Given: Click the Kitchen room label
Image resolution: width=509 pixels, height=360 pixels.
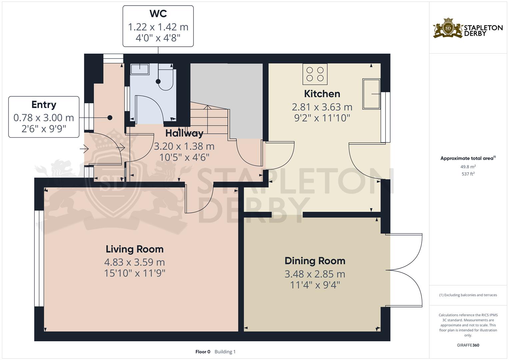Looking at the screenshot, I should coord(322,94).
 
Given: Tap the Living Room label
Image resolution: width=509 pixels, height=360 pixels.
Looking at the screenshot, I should coord(135,249).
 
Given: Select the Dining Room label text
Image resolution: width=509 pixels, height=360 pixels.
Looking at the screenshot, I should coord(315,261).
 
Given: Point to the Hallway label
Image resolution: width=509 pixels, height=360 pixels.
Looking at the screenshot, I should coord(184,133).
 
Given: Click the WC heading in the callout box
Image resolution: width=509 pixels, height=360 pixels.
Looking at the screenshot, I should coord(158,14).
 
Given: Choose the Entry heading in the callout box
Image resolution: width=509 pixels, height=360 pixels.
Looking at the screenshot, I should coord(44,105).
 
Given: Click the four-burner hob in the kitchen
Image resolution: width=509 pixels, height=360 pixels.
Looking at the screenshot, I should coord(315,74).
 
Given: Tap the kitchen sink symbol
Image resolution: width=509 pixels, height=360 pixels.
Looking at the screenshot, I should coord(371,94).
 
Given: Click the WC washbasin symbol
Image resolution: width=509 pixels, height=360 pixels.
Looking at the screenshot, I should coord(140,69).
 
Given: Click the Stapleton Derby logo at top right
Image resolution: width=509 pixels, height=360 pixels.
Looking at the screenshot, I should coord(468,28).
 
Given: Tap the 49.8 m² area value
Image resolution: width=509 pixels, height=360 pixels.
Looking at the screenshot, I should coord(468,167).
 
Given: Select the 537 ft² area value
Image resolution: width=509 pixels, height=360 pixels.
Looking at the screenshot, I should coord(468,174).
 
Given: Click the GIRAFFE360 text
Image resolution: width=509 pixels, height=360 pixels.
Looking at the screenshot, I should coord(468,345).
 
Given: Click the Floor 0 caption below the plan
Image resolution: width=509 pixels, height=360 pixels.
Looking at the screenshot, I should coord(203,352).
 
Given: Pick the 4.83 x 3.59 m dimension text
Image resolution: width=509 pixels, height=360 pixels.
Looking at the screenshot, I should coord(135,262).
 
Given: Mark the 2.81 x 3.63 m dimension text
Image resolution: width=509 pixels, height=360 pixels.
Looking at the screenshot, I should coord(322,107).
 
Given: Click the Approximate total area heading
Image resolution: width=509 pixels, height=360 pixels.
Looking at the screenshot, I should coord(468,158).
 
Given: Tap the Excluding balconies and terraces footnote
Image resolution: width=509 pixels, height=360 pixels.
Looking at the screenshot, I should coord(468,295).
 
